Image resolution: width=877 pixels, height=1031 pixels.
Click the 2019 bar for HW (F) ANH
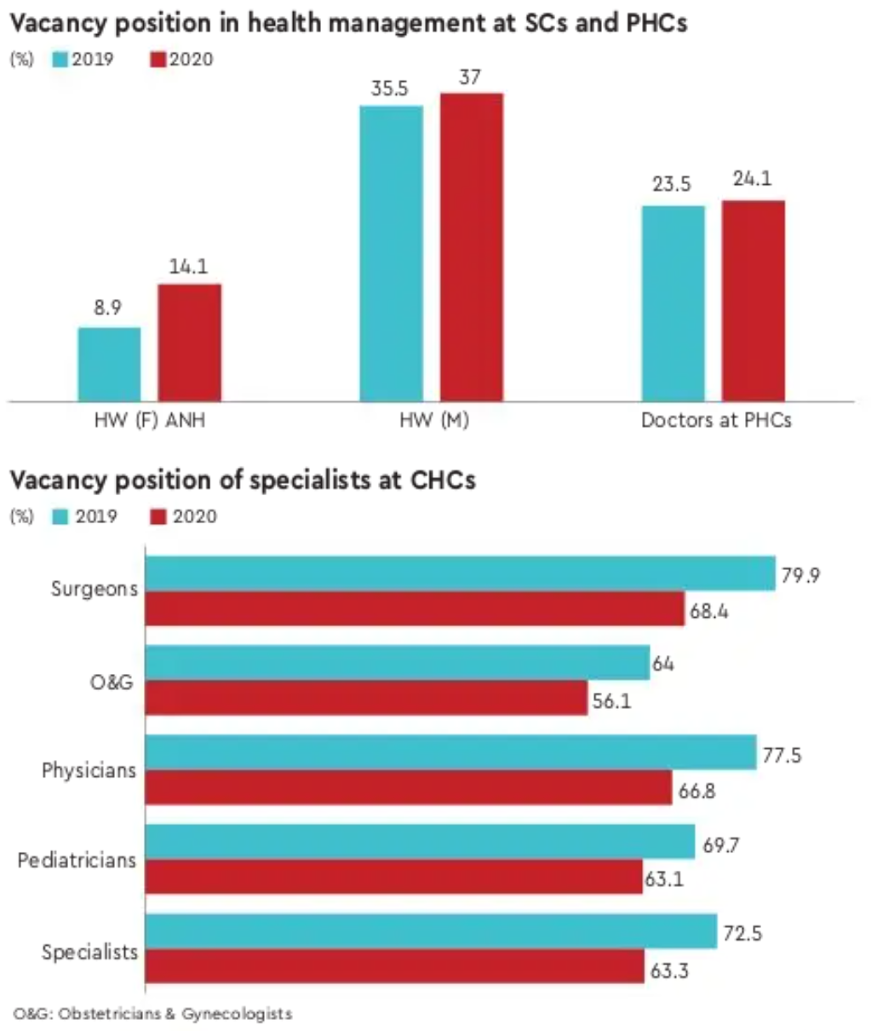click(110, 364)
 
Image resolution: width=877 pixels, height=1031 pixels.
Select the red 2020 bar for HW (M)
click(471, 247)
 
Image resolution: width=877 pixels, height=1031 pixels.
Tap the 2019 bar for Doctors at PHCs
click(673, 302)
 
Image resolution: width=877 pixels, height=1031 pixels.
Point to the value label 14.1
click(188, 267)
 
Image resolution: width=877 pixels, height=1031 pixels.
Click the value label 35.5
click(390, 89)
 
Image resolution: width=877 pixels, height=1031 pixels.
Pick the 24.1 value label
click(753, 179)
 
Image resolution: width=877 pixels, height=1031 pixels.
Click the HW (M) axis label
click(434, 420)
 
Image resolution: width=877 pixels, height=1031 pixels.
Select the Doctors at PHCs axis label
click(716, 420)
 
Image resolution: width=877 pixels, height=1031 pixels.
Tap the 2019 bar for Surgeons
click(460, 573)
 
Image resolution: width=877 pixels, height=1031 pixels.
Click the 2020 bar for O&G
click(366, 698)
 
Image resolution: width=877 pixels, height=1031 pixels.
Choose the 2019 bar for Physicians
click(451, 753)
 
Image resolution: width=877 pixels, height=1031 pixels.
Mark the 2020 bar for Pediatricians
click(393, 878)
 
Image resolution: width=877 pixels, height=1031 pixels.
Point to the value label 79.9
click(800, 576)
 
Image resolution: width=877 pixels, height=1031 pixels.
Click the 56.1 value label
click(612, 702)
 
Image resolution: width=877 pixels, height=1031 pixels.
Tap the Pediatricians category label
click(77, 861)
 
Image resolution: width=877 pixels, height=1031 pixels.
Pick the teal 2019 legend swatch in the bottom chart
click(60, 516)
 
